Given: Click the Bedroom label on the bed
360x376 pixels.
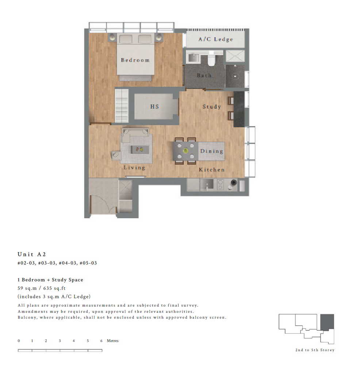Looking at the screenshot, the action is [135, 60].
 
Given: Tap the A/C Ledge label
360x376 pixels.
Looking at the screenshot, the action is [216, 39].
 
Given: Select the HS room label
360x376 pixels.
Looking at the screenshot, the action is [154, 106].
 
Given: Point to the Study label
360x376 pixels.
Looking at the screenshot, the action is [212, 106].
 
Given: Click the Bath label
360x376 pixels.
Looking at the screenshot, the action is [204, 75].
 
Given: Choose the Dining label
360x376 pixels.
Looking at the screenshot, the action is [212, 151].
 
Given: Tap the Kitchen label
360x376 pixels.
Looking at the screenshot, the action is [212, 170].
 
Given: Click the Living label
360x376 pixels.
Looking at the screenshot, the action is [134, 167].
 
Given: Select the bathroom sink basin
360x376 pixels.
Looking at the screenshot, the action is [194, 58].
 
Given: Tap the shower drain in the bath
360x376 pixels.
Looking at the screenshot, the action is [235, 77].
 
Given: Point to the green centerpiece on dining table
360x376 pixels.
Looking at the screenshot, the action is [185, 151].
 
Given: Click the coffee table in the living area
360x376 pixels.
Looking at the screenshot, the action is [140, 149].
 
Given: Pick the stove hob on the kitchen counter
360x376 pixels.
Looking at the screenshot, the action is [220, 185].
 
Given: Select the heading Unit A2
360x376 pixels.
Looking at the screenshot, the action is [32, 254].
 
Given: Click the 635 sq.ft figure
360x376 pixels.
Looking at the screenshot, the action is [54, 288].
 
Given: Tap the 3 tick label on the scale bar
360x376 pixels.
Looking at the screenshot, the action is [60, 341].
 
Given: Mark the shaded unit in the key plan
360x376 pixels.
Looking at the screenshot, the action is [327, 322].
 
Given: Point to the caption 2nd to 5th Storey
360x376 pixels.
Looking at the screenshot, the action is [315, 350].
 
